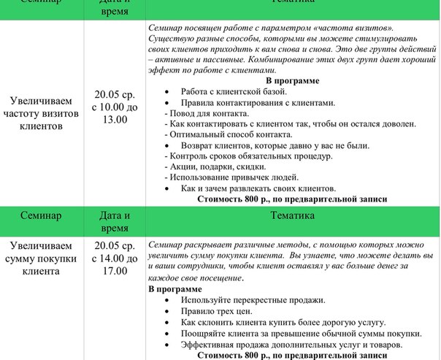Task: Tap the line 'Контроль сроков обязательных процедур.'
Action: coord(250,156)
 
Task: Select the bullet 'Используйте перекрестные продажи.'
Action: coord(253,300)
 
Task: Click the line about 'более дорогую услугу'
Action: coord(283,322)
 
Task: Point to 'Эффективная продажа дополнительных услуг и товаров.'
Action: coord(291,344)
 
